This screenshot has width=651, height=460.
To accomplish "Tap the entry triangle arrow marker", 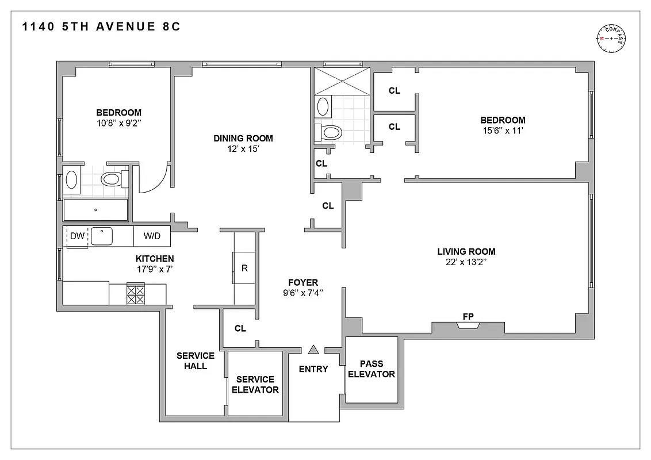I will tap(313, 349).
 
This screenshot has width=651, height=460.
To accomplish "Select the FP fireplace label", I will tap(468, 316).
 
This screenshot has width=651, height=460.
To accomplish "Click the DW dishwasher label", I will tap(76, 236).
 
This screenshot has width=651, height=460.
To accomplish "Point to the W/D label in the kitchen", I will tap(152, 236).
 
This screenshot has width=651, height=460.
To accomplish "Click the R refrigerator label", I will tap(244, 268).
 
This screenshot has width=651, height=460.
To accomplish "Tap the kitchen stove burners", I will tap(135, 294).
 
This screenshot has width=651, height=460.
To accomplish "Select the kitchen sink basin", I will tap(102, 236).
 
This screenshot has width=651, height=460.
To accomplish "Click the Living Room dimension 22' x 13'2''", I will tap(466, 263).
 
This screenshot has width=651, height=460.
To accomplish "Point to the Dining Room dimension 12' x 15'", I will tap(243, 149).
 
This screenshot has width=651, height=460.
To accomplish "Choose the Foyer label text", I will tap(303, 282).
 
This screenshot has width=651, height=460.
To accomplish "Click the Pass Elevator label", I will tap(371, 369).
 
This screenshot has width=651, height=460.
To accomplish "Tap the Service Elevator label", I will tap(255, 385).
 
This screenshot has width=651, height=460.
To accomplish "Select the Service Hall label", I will tap(195, 361).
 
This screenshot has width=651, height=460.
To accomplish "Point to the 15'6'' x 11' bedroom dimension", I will tap(503, 131).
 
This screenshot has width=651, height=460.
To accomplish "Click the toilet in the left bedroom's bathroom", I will tap(112, 179).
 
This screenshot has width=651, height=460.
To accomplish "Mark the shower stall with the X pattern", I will tap(342, 82).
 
